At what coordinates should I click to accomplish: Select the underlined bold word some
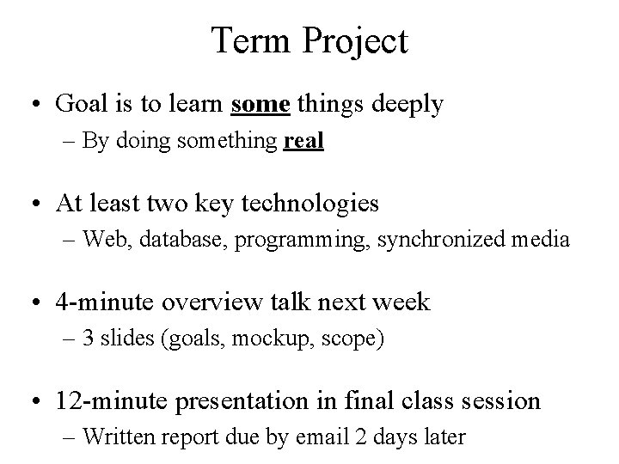tap(261, 105)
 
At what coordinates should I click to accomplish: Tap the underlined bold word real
tap(303, 142)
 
